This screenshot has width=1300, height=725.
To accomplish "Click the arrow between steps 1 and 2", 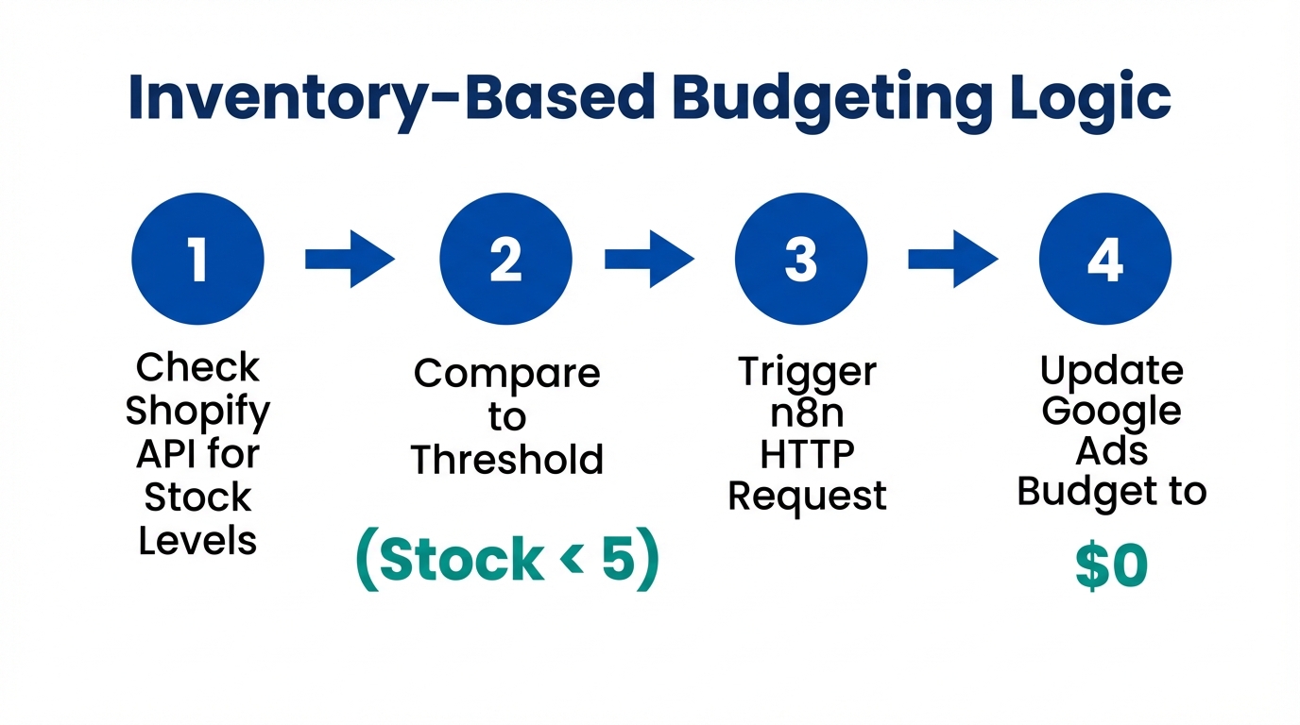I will (350, 258).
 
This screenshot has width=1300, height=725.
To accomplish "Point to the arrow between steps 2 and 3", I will (649, 258).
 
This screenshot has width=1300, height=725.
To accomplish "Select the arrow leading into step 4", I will (952, 258).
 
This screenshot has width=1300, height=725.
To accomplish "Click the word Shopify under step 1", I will (197, 412).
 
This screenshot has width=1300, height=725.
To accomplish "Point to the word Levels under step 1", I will (197, 541).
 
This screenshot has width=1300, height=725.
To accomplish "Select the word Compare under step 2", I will (506, 373).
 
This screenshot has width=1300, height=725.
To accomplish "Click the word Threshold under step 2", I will (506, 460).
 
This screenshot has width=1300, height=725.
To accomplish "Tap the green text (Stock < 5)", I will (506, 560).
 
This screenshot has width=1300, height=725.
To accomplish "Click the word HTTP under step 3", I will (807, 454).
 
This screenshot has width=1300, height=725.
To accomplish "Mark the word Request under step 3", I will (807, 497).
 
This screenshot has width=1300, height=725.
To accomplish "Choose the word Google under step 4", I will (1112, 412).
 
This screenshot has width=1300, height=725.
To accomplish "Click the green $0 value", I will (1111, 567).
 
